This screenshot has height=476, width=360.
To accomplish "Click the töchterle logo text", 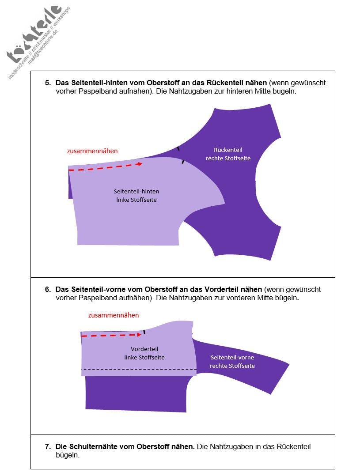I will [34, 33].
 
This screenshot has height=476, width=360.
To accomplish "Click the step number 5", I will [47, 83].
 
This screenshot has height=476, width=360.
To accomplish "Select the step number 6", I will [47, 289].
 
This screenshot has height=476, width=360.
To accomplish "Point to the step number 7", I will [47, 446].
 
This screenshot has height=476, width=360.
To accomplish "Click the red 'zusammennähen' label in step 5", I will [92, 151].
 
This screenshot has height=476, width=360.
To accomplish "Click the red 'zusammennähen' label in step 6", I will [114, 315].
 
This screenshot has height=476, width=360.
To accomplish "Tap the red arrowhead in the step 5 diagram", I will [140, 164].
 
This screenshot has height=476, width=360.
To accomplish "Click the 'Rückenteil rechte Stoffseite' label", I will [228, 154].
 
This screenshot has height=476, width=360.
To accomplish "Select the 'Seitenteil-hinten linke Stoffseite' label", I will [136, 196].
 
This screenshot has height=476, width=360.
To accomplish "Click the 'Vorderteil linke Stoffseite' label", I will [144, 353].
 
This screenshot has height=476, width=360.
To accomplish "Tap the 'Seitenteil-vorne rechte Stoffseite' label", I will [232, 361].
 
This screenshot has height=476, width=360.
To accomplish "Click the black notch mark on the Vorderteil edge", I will [144, 332].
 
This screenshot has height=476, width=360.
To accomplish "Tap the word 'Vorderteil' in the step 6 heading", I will [224, 289].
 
